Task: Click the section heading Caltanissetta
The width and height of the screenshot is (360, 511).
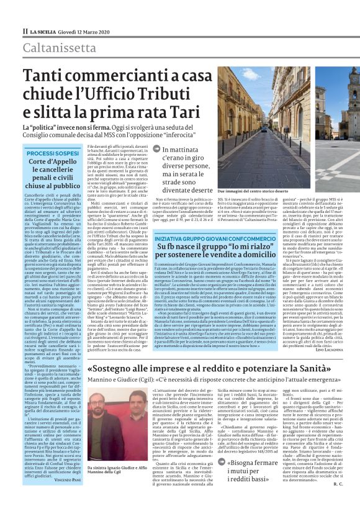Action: click(x=59, y=48)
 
